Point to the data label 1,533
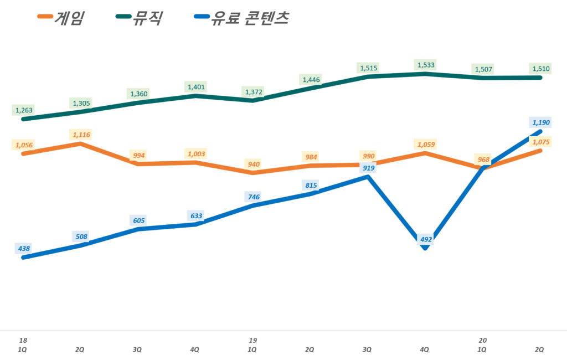(x=425, y=65)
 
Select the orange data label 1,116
(x=80, y=135)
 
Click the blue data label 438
(x=23, y=249)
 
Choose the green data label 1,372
(x=252, y=91)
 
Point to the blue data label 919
(x=368, y=168)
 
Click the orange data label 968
(x=483, y=160)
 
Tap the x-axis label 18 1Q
(x=23, y=344)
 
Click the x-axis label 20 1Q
(x=482, y=344)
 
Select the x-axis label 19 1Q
(x=252, y=344)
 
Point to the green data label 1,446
(x=310, y=80)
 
